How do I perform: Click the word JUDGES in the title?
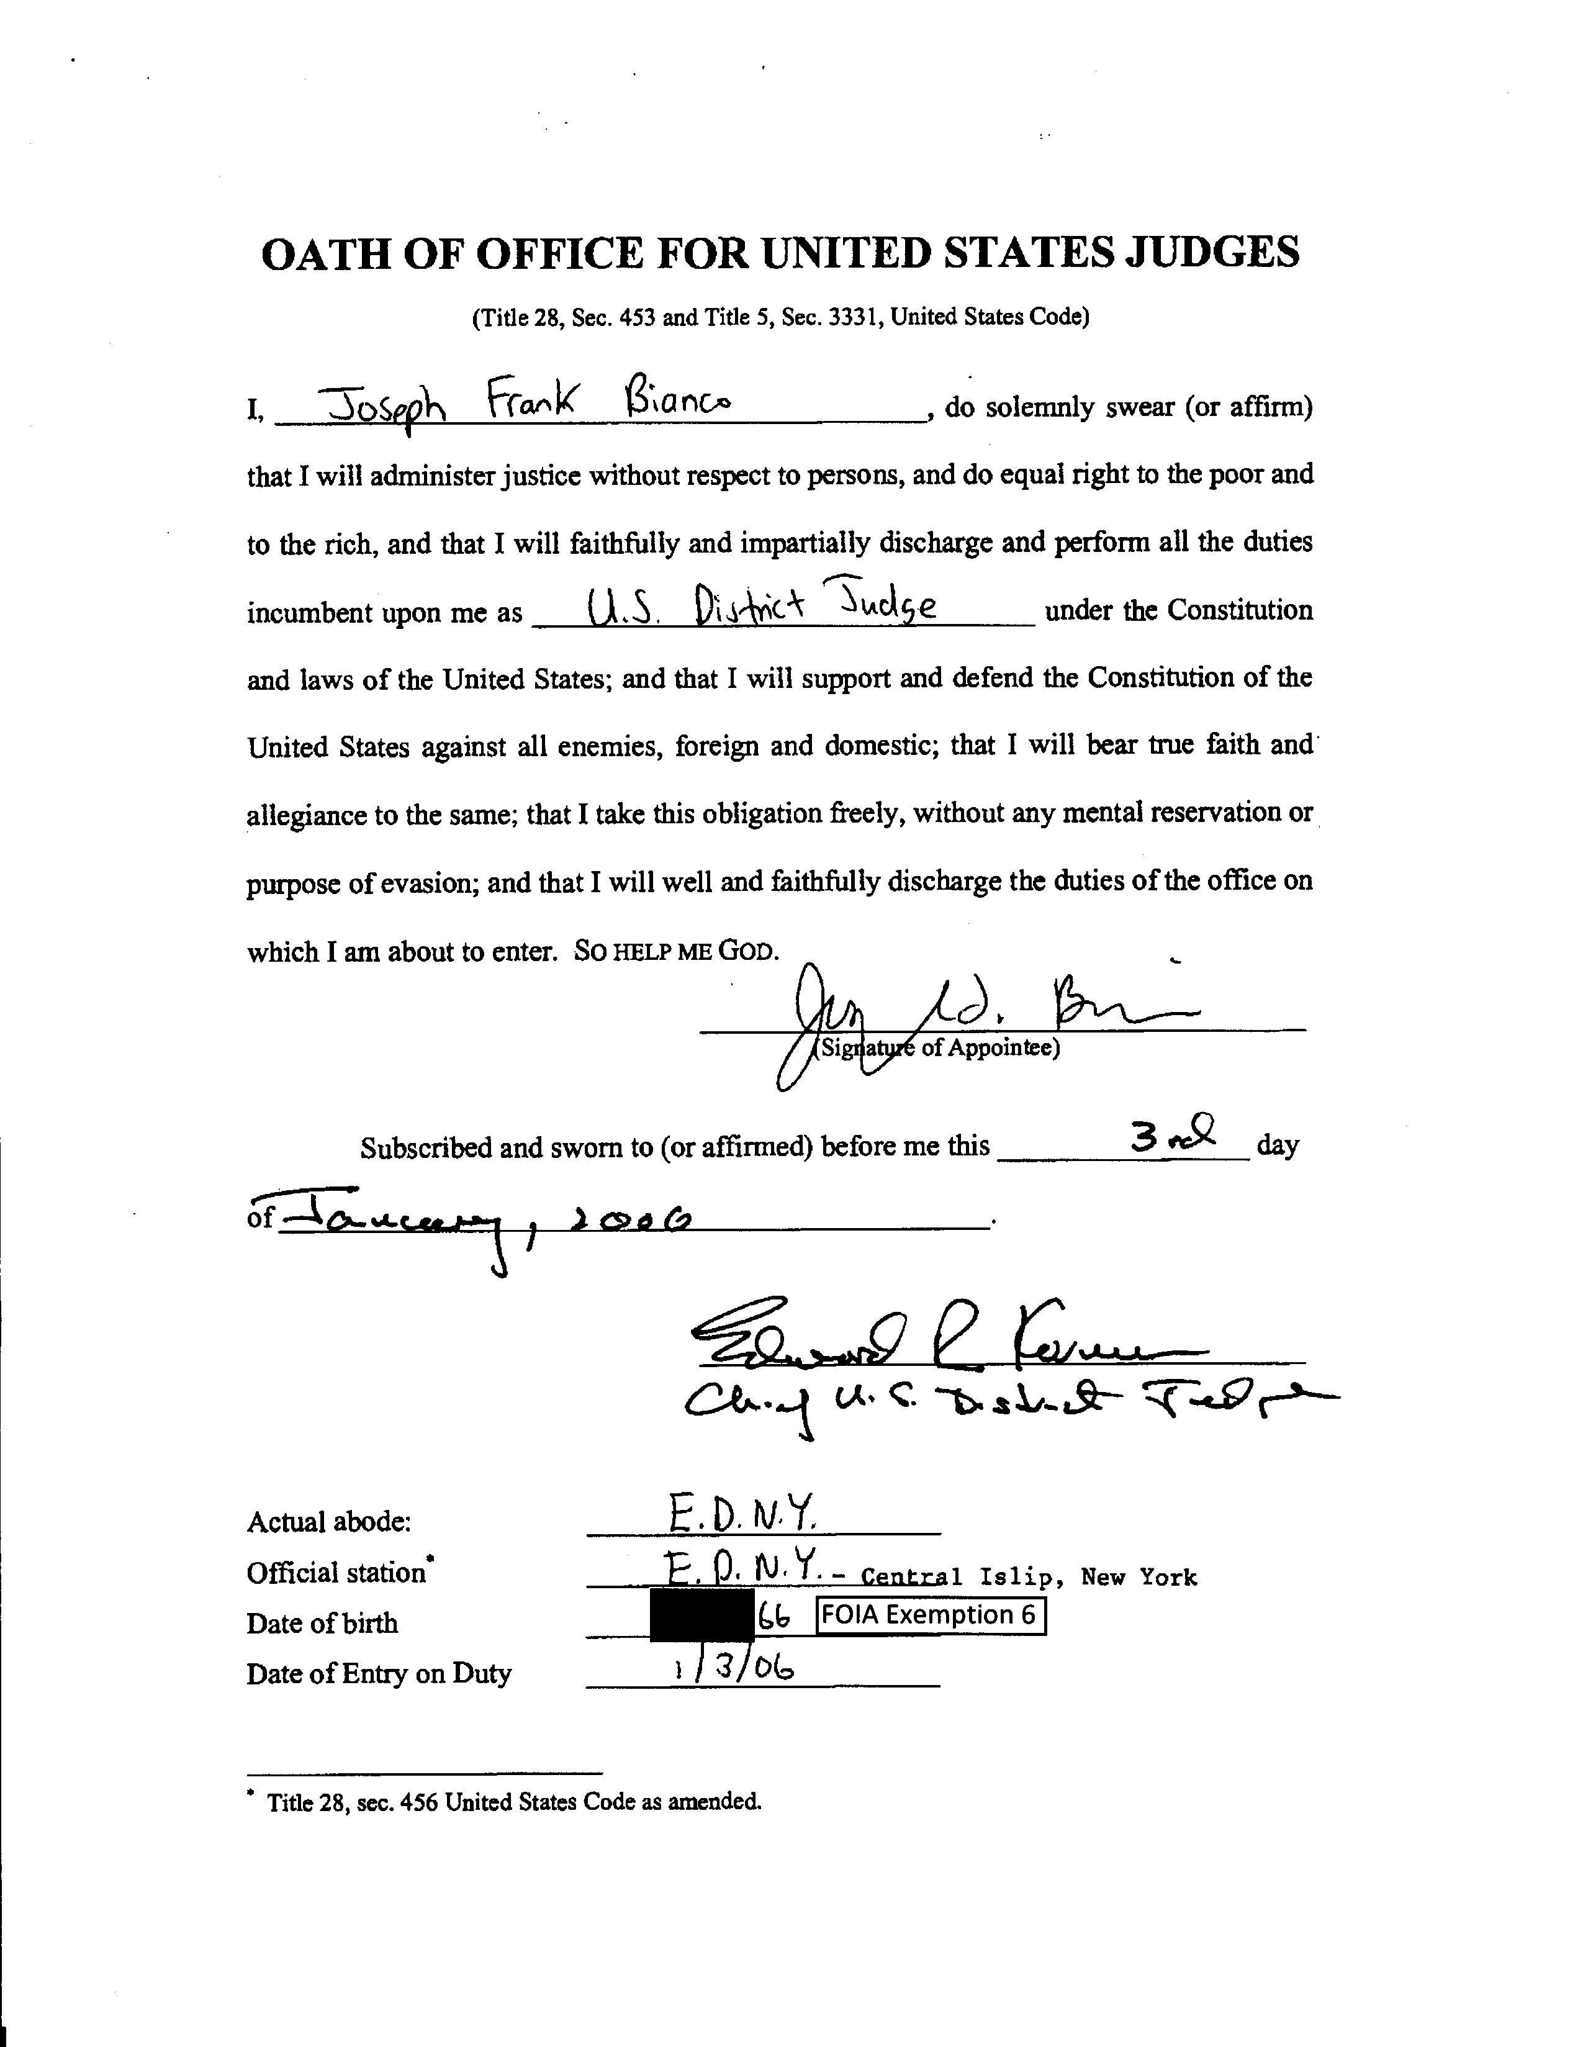pos(1211,253)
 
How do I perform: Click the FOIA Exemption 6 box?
pos(930,1615)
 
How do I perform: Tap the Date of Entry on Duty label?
pos(379,1673)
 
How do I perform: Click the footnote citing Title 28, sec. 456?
pos(513,1801)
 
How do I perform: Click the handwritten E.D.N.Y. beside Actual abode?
pos(743,1511)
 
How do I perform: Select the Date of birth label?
pos(322,1622)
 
